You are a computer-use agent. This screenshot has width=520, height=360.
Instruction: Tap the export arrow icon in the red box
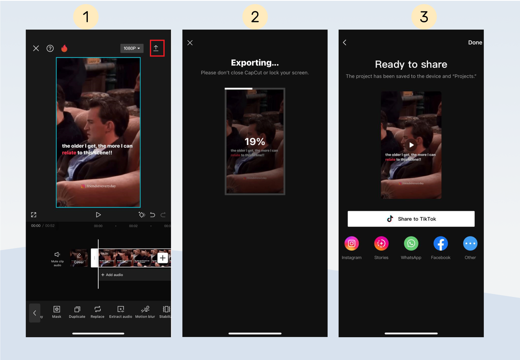pyautogui.click(x=157, y=48)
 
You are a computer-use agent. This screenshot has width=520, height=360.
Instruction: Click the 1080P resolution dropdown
pyautogui.click(x=132, y=48)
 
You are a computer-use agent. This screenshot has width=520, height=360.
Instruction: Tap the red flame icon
pyautogui.click(x=64, y=48)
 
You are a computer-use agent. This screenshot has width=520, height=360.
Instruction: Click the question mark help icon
pyautogui.click(x=50, y=48)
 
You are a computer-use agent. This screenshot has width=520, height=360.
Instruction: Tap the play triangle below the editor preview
pyautogui.click(x=98, y=215)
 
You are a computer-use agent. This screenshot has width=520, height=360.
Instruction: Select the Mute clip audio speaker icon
pyautogui.click(x=57, y=255)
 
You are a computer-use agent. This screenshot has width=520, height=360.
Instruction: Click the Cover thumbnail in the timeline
pyautogui.click(x=79, y=258)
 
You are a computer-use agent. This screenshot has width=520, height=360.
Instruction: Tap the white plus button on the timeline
pyautogui.click(x=162, y=258)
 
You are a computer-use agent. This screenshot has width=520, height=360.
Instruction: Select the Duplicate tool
pyautogui.click(x=77, y=312)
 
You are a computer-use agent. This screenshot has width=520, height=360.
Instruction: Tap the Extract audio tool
pyautogui.click(x=121, y=312)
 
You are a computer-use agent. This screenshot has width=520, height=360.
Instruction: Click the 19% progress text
pyautogui.click(x=255, y=142)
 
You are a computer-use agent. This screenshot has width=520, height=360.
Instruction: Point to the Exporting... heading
pyautogui.click(x=255, y=63)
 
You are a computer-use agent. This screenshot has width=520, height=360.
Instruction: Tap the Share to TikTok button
pyautogui.click(x=411, y=219)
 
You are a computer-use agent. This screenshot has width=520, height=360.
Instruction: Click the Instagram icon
pyautogui.click(x=352, y=244)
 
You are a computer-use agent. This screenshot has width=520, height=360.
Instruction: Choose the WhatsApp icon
pyautogui.click(x=411, y=244)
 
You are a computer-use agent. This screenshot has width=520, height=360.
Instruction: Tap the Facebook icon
pyautogui.click(x=441, y=244)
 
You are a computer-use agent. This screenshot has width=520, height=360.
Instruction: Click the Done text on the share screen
pyautogui.click(x=475, y=43)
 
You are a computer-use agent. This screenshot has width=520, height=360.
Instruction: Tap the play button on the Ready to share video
pyautogui.click(x=411, y=145)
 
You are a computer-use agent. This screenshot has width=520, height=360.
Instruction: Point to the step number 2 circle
pyautogui.click(x=255, y=17)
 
